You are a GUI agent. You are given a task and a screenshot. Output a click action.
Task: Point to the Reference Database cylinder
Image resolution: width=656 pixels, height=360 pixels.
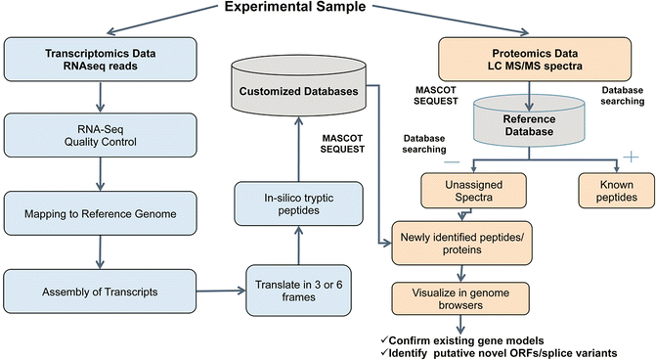(x=530, y=123)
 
